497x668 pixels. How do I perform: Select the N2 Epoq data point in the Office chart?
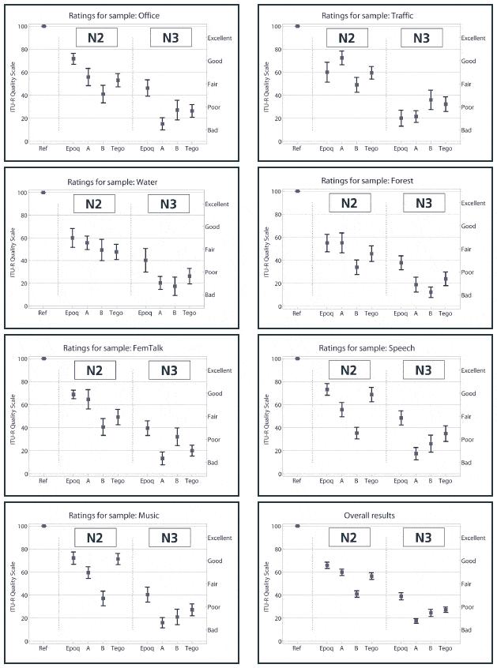[x=73, y=58]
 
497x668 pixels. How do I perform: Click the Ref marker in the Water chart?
[x=43, y=192]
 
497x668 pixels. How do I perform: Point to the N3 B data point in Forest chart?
[x=431, y=292]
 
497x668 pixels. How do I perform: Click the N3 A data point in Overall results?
[x=416, y=621]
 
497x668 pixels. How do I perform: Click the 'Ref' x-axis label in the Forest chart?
[x=297, y=313]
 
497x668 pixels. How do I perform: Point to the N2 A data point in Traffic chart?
[x=342, y=58]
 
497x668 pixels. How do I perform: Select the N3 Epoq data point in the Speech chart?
[x=401, y=418]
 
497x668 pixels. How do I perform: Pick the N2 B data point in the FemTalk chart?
[x=103, y=427]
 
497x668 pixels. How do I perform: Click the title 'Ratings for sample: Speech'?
[x=373, y=347]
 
